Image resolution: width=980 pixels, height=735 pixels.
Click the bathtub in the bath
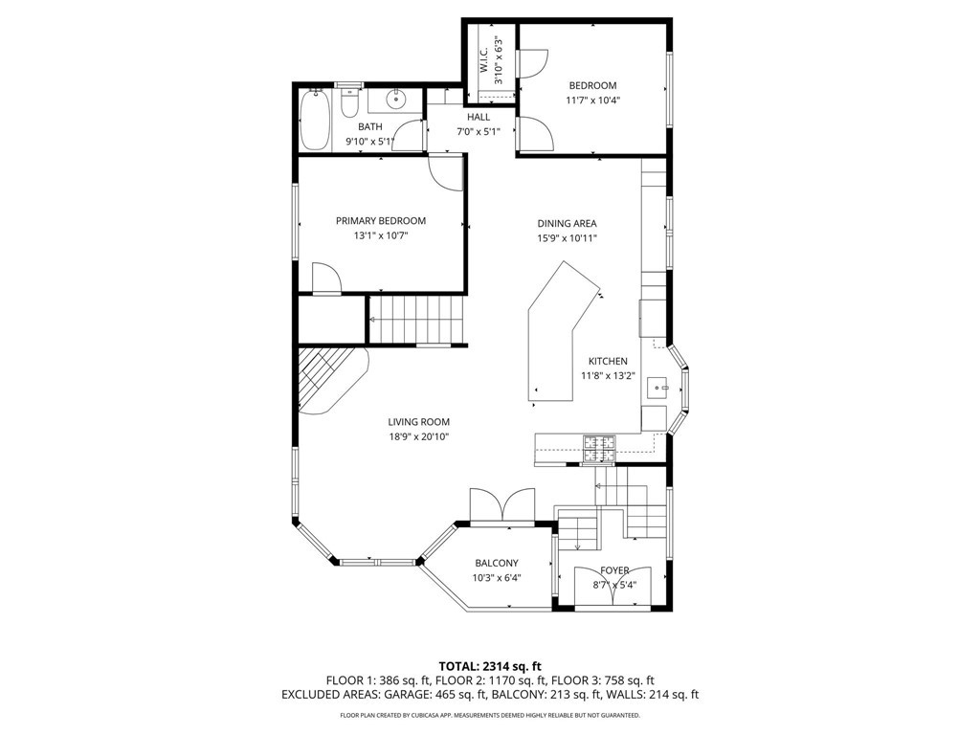pos(314,120)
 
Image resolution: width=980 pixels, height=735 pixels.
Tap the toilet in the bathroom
pos(350,103)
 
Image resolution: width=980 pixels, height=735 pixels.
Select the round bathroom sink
pos(395,99)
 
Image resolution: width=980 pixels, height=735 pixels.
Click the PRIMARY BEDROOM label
pos(381,221)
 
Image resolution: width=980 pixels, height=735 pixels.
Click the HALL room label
pos(479,117)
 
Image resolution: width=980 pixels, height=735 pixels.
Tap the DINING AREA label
pos(567,223)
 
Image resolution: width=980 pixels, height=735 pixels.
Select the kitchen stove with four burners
pos(599,450)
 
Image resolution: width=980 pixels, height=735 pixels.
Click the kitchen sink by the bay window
pos(657,388)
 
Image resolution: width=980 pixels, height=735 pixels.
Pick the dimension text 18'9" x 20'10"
pos(419,436)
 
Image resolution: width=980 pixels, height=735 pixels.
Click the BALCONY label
pos(497,563)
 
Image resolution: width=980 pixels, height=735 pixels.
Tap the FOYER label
pos(614,570)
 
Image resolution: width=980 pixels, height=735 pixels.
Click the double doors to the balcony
pos(502,504)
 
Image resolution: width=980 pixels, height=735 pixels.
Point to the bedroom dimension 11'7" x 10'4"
pos(592,100)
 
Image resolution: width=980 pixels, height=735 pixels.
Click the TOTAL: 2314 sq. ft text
pos(490,666)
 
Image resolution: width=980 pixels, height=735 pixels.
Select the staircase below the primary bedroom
pos(417,320)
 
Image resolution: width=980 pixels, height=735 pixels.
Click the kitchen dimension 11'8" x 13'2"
pos(608,375)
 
